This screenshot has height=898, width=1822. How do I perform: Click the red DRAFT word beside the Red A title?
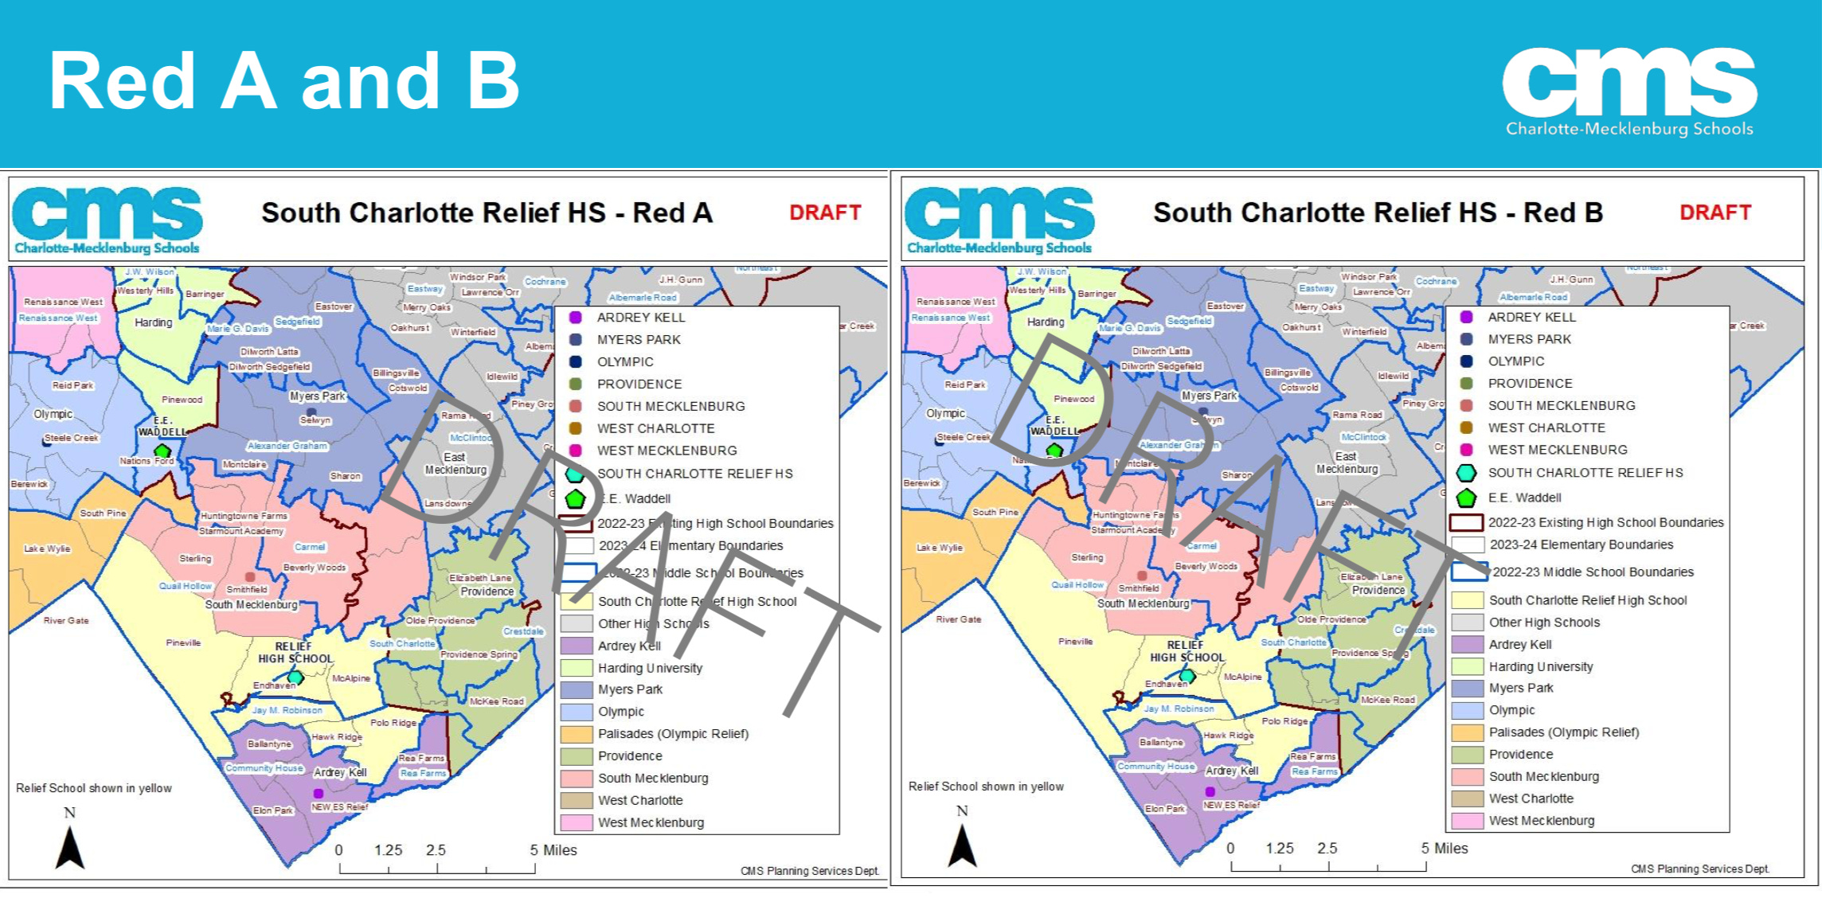tap(825, 213)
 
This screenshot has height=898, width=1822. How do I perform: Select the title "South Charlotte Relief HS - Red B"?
tap(1378, 213)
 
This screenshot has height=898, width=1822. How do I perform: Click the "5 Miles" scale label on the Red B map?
tap(1445, 849)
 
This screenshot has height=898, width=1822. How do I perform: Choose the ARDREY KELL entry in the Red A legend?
tap(640, 318)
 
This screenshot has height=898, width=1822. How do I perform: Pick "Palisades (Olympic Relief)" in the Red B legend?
tap(1563, 732)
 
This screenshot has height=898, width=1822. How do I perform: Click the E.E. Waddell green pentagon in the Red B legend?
tap(1466, 498)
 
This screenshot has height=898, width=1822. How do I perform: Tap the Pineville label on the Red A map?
tap(183, 642)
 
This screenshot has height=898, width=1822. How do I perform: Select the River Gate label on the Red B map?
tap(958, 619)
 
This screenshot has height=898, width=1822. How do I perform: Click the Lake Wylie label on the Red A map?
tap(47, 549)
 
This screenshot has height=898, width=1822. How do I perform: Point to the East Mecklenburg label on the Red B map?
tap(1347, 463)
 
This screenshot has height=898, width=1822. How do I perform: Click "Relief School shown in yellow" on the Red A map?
tap(94, 788)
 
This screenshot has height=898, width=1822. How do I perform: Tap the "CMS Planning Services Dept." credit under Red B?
tap(1699, 869)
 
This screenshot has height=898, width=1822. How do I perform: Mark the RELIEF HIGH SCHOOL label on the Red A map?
tap(295, 653)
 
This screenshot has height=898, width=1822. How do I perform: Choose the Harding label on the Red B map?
tap(1045, 322)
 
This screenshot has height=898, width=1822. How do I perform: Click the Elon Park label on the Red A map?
tap(273, 810)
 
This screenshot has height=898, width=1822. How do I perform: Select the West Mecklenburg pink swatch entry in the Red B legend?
tap(1542, 821)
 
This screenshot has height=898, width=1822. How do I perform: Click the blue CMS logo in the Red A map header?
tap(108, 219)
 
